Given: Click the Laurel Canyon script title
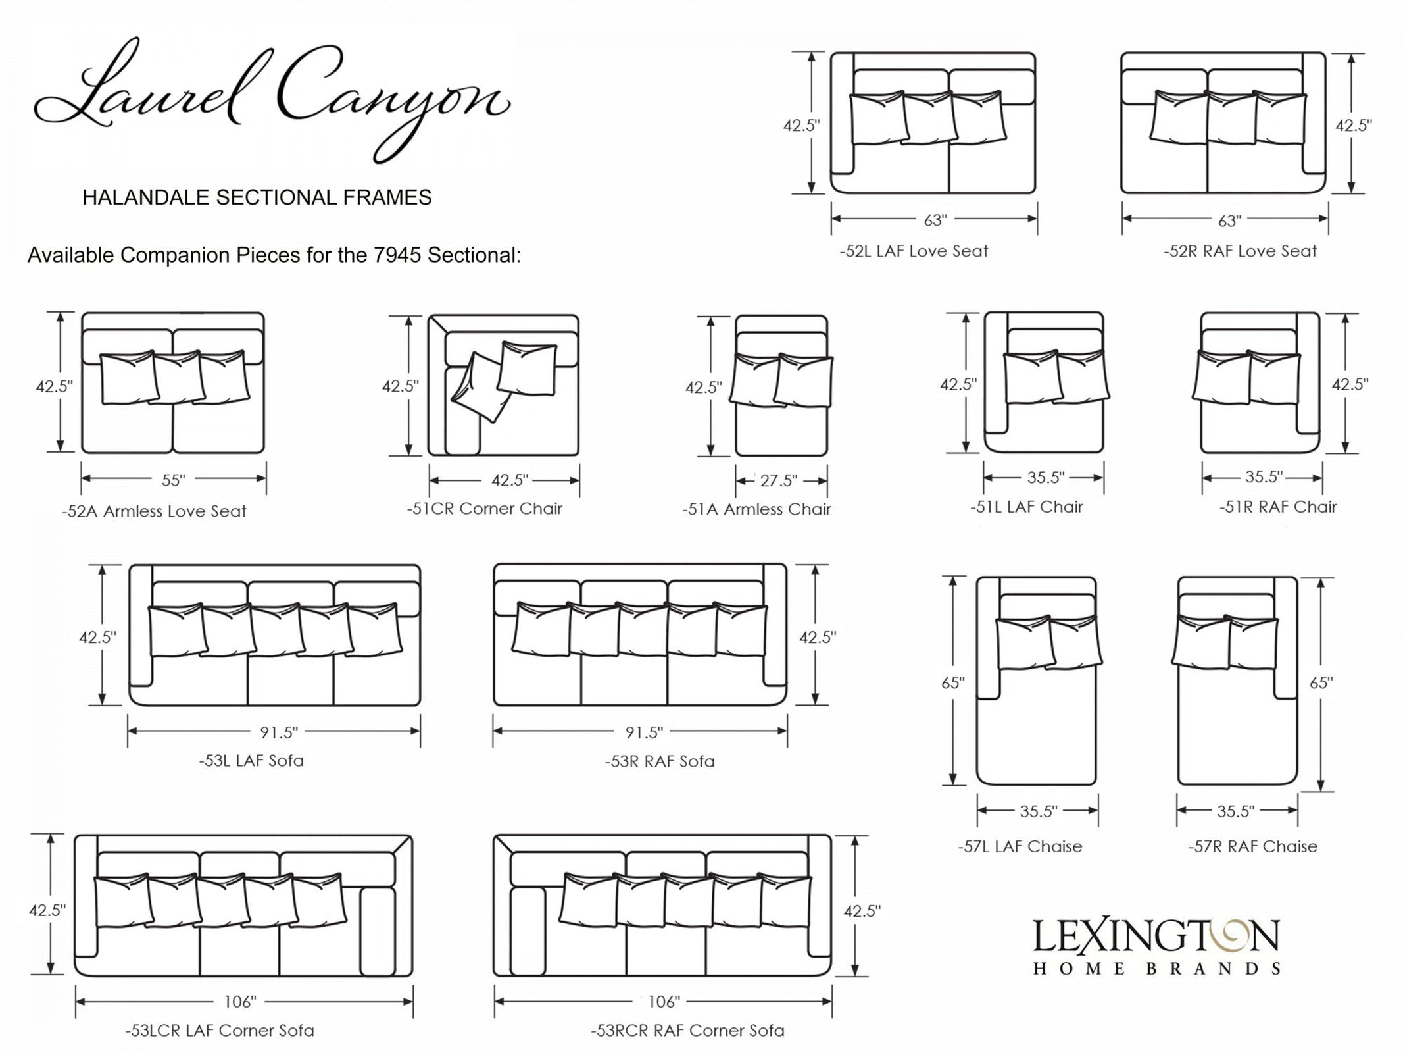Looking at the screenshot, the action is click(x=272, y=99).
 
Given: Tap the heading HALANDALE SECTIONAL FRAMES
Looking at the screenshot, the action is click(x=257, y=197).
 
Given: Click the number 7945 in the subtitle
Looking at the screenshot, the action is click(x=397, y=255).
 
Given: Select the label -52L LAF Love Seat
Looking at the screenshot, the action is click(x=914, y=251).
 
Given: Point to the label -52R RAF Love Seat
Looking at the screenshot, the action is click(x=1240, y=251).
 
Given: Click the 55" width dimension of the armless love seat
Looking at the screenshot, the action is click(x=173, y=480).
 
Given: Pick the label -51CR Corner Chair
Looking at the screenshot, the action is click(x=484, y=509).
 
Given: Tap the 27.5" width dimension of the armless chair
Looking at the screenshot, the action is click(x=779, y=480).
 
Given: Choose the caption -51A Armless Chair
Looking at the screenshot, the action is click(x=756, y=509).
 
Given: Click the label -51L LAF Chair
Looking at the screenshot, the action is click(x=1026, y=507).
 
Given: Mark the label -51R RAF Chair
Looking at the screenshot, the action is click(x=1278, y=507).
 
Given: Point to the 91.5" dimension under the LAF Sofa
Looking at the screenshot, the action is click(x=278, y=732).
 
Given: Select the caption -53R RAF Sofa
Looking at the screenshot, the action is click(x=660, y=761).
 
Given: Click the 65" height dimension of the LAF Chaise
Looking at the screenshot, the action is click(x=953, y=682).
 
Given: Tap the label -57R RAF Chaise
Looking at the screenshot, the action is click(x=1252, y=846).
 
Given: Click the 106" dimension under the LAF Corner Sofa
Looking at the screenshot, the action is click(x=239, y=1002).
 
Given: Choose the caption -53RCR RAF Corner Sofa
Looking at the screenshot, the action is click(x=687, y=1031).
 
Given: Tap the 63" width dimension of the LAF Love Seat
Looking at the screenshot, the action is click(x=935, y=220).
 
